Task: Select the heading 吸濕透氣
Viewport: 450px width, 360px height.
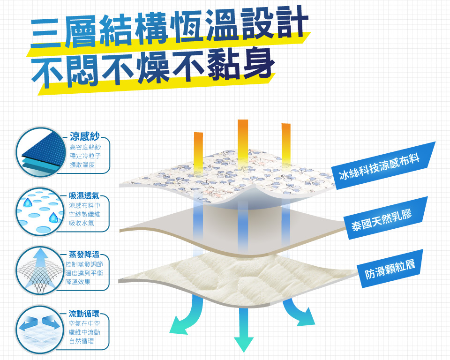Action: click(84, 196)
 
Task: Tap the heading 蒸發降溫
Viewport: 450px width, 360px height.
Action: click(84, 255)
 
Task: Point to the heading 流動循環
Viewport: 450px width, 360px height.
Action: click(84, 314)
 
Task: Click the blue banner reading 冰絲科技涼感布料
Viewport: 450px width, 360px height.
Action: click(383, 165)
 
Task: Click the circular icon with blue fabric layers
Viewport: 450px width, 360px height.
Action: click(40, 152)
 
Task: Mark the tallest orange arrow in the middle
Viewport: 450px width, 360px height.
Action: click(243, 143)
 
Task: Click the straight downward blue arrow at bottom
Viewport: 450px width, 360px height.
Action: click(244, 330)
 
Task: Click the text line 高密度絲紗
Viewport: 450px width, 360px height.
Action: click(85, 147)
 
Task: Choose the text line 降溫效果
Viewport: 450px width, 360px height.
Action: click(78, 282)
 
